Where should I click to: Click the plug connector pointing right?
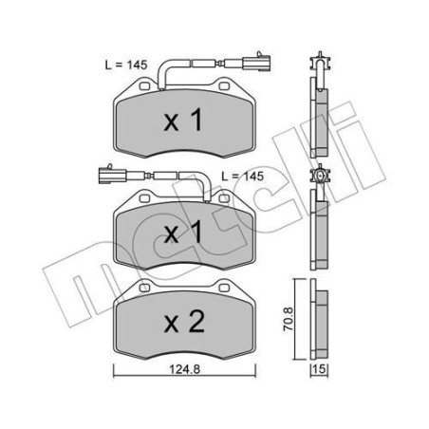pos(252,65)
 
